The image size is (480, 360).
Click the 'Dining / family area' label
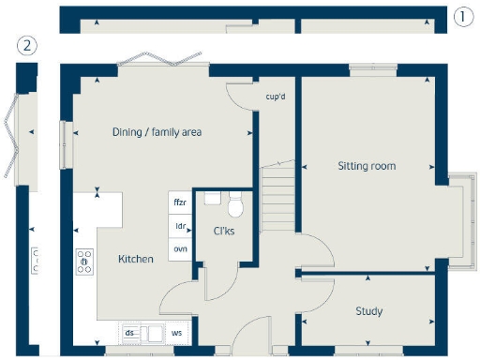pyautogui.click(x=157, y=132)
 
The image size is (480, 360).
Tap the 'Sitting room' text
pyautogui.click(x=367, y=166)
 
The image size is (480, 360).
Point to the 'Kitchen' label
pyautogui.click(x=136, y=259)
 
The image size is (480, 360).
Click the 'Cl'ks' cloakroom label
pyautogui.click(x=223, y=232)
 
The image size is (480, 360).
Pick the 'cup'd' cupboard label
pyautogui.click(x=275, y=96)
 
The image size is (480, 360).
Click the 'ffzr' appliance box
pyautogui.click(x=179, y=202)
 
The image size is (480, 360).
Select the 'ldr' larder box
pyautogui.click(x=179, y=226)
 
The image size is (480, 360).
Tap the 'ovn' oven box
pyautogui.click(x=179, y=248)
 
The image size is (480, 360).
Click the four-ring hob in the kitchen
pyautogui.click(x=84, y=260)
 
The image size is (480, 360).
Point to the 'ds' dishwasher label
pyautogui.click(x=130, y=332)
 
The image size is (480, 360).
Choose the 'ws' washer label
pyautogui.click(x=176, y=332)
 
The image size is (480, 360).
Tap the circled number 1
pyautogui.click(x=462, y=16)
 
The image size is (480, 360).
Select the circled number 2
pyautogui.click(x=29, y=45)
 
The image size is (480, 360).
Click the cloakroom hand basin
pyautogui.click(x=212, y=197)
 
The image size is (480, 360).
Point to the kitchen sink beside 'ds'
pyautogui.click(x=153, y=332)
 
